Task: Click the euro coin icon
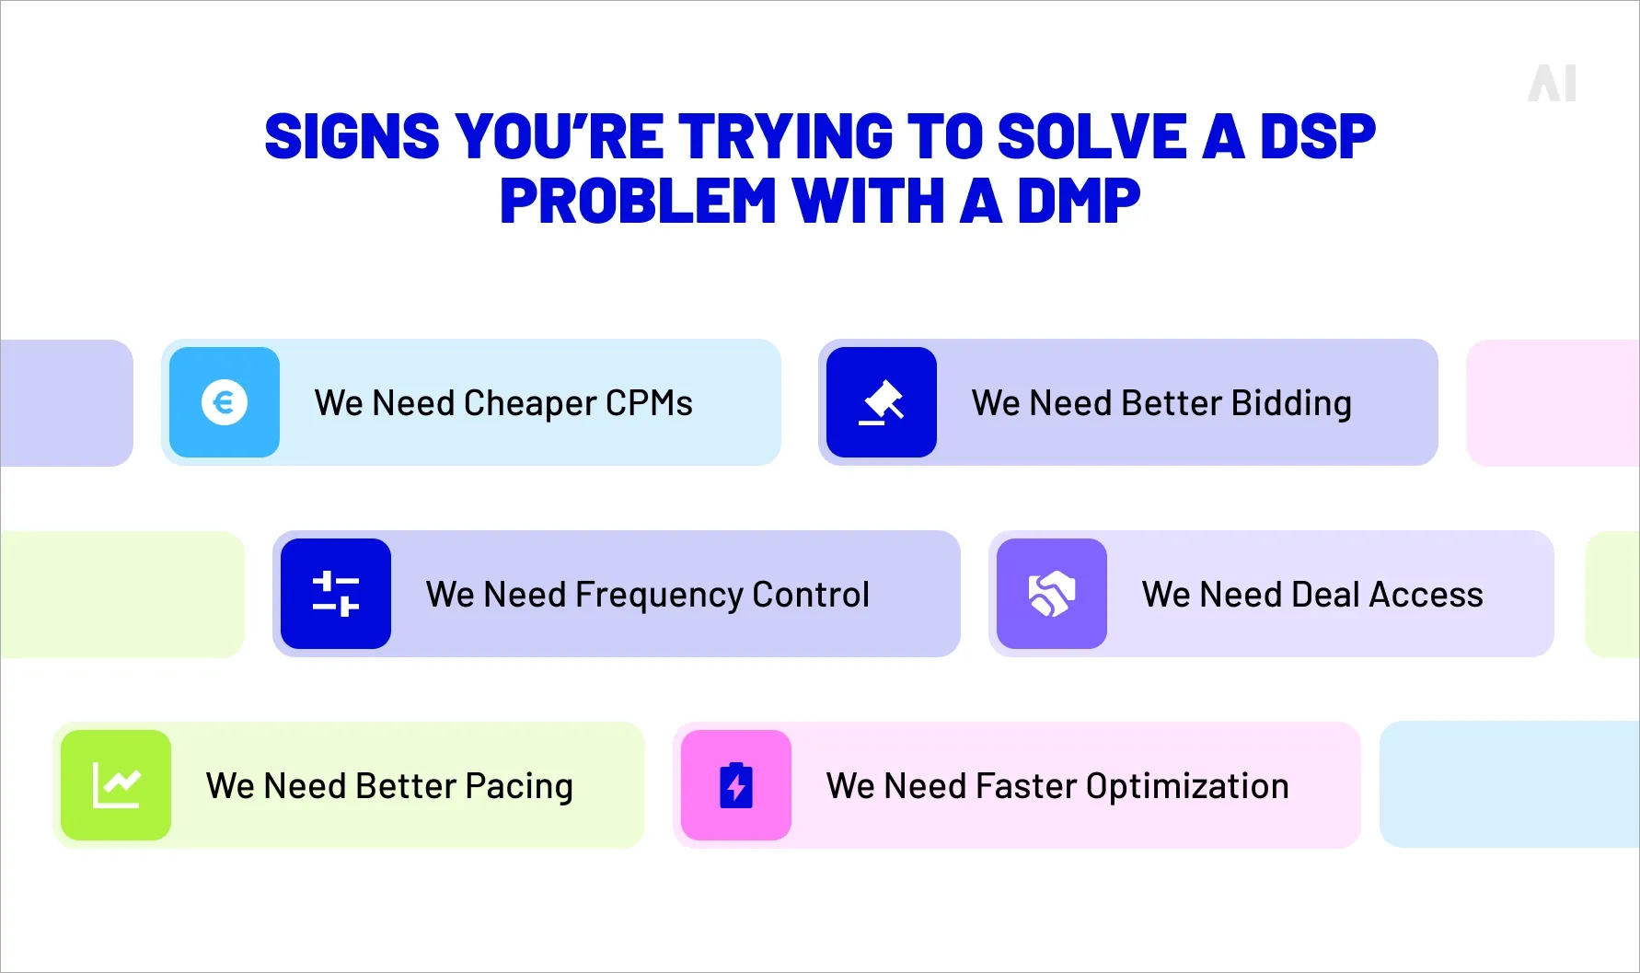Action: (x=225, y=402)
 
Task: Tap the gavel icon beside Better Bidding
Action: (x=882, y=402)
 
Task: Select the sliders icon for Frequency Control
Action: (x=336, y=594)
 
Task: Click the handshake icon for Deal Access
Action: (x=1052, y=594)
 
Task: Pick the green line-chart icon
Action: (x=116, y=785)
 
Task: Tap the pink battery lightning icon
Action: (x=736, y=785)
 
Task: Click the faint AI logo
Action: (x=1552, y=84)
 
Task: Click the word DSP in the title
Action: (x=1317, y=137)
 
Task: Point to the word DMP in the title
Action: (x=1079, y=202)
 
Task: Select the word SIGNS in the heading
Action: (x=352, y=137)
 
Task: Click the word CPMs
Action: (x=649, y=403)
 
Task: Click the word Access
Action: (x=1426, y=595)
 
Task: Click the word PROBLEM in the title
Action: (x=638, y=202)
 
